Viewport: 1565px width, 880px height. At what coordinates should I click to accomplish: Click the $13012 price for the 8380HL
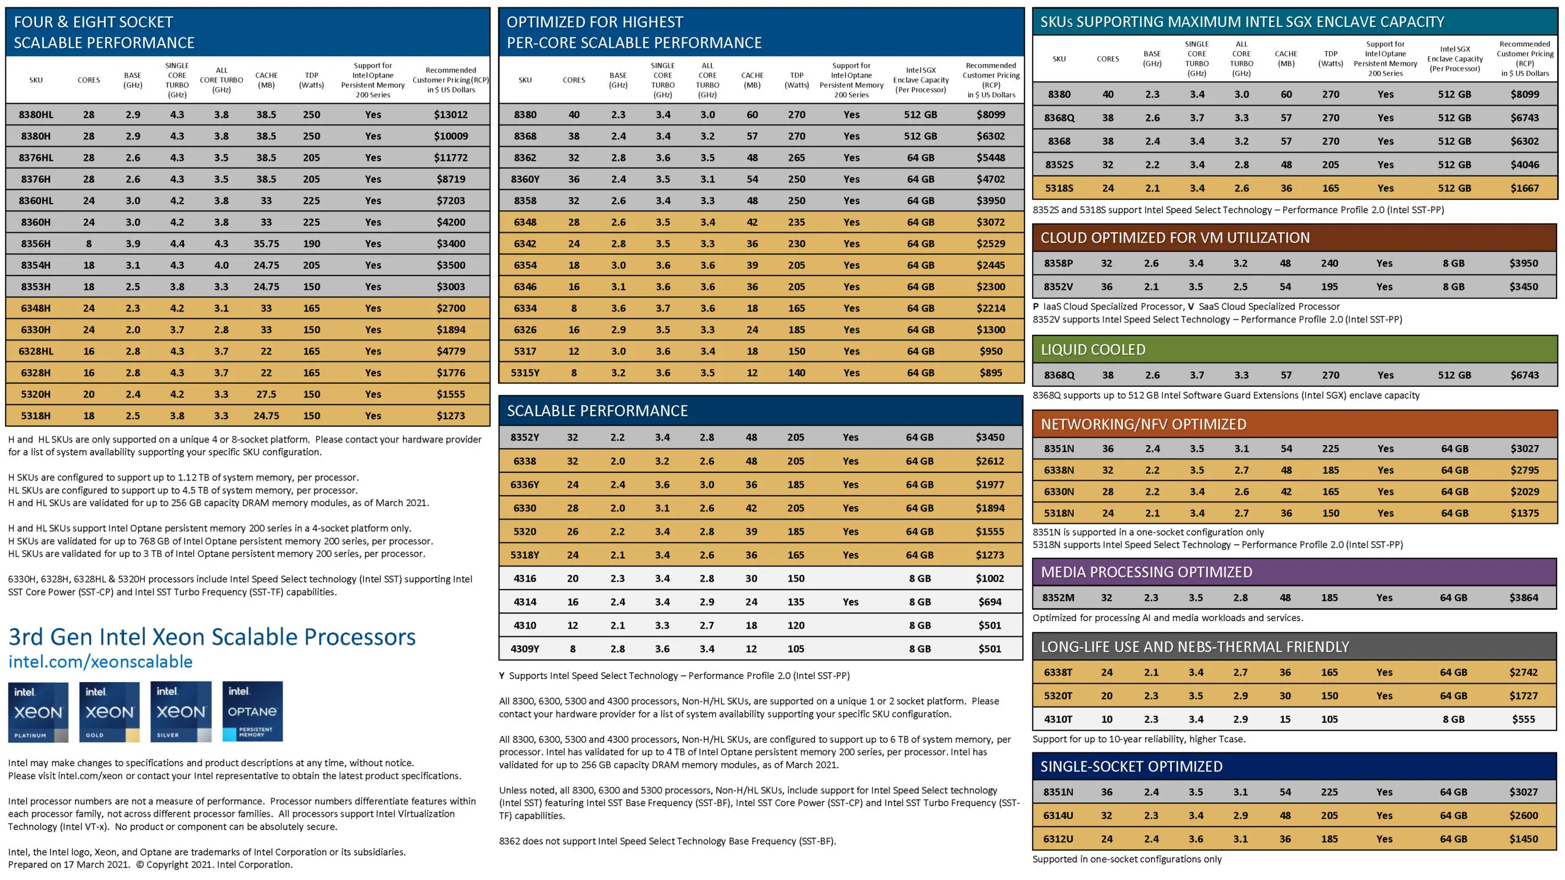pyautogui.click(x=451, y=114)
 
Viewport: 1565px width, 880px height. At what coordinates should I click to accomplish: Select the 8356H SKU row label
pyautogui.click(x=35, y=243)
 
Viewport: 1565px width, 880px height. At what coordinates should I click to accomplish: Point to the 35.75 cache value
pyautogui.click(x=266, y=243)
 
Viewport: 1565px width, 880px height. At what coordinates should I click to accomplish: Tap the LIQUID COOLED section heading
pyautogui.click(x=1093, y=350)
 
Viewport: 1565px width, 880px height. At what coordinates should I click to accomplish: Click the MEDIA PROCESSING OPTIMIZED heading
pyautogui.click(x=1146, y=572)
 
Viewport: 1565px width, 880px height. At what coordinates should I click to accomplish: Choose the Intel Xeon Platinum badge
pyautogui.click(x=38, y=711)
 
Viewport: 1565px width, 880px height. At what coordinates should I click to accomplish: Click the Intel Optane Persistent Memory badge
pyautogui.click(x=252, y=711)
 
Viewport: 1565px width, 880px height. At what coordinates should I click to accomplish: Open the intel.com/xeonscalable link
pyautogui.click(x=100, y=661)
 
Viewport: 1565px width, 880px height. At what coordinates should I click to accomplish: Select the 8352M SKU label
pyautogui.click(x=1058, y=598)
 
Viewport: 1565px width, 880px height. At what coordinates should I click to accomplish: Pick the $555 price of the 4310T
pyautogui.click(x=1523, y=719)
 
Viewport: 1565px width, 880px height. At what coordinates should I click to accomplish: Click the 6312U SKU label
pyautogui.click(x=1058, y=839)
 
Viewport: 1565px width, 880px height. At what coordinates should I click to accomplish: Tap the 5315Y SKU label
pyautogui.click(x=525, y=373)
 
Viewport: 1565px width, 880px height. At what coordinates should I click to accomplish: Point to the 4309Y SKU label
pyautogui.click(x=525, y=649)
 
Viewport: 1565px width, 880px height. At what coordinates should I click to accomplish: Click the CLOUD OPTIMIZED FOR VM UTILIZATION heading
pyautogui.click(x=1175, y=238)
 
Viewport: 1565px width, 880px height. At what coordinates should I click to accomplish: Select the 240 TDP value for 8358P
pyautogui.click(x=1329, y=263)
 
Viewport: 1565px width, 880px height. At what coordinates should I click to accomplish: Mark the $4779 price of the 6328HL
pyautogui.click(x=451, y=351)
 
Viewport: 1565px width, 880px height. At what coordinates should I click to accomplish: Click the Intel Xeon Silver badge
pyautogui.click(x=181, y=711)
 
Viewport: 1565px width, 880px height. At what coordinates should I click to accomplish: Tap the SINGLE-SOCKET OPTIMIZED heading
pyautogui.click(x=1132, y=766)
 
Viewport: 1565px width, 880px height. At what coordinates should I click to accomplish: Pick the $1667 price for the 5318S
pyautogui.click(x=1525, y=188)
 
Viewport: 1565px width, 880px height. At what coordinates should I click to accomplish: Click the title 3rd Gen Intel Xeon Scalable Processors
pyautogui.click(x=212, y=637)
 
